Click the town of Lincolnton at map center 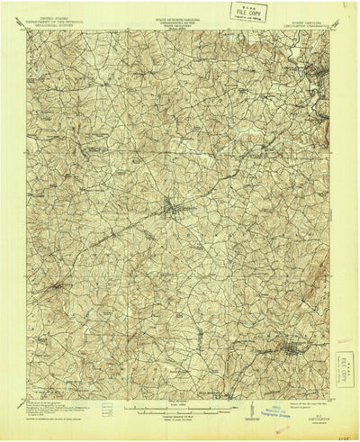[x=172, y=211]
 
